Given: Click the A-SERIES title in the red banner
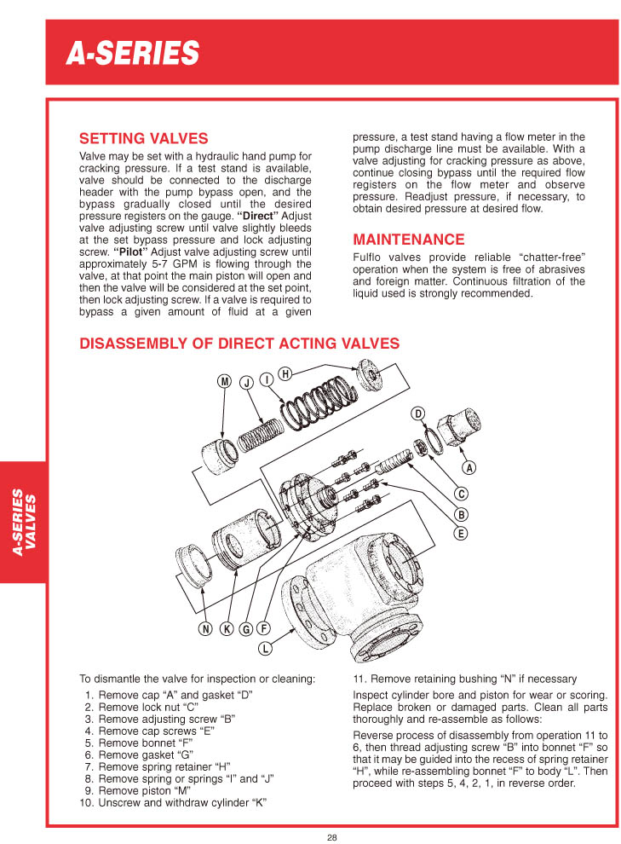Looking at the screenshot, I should click(x=133, y=54).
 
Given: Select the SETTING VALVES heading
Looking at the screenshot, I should click(x=143, y=138).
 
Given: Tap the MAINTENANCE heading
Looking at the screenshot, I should click(x=409, y=240).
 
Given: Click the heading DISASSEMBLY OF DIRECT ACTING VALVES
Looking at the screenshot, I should click(x=239, y=344).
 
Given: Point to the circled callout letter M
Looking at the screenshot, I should click(x=225, y=382).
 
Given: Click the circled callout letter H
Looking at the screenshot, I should click(x=285, y=373).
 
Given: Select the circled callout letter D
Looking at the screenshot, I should click(x=418, y=414).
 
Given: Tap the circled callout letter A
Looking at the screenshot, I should click(x=469, y=468).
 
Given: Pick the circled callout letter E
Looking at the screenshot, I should click(x=461, y=535).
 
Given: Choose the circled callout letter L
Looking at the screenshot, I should click(x=265, y=649).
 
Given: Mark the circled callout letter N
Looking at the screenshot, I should click(x=205, y=629).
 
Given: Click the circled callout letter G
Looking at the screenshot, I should click(x=245, y=629).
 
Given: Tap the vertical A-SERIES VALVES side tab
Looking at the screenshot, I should click(x=23, y=522).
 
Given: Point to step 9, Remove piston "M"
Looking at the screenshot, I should click(x=152, y=790).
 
